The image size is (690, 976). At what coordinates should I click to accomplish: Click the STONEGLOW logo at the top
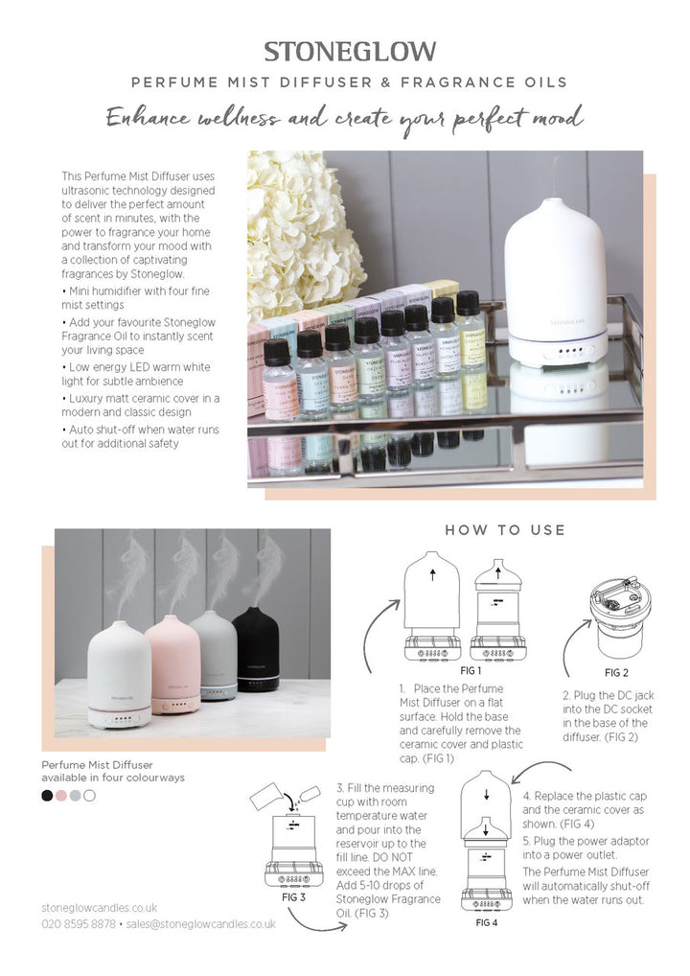[x=350, y=52]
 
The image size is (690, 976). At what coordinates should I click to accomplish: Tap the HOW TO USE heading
[x=505, y=530]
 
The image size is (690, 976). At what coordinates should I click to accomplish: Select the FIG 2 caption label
[x=616, y=673]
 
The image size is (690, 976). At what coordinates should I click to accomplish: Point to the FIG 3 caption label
[x=293, y=898]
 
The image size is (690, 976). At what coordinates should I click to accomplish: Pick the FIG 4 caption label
[x=487, y=922]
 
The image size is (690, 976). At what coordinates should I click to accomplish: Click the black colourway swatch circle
[x=47, y=795]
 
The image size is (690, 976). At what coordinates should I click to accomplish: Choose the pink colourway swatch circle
[x=61, y=795]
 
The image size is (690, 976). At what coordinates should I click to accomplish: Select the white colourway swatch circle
[x=89, y=795]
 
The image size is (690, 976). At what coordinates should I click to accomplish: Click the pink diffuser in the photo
[x=172, y=664]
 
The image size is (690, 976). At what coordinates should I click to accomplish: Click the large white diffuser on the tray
[x=555, y=283]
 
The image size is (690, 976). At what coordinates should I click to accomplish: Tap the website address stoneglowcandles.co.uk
[x=100, y=907]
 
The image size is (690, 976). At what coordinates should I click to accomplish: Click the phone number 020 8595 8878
[x=79, y=923]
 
